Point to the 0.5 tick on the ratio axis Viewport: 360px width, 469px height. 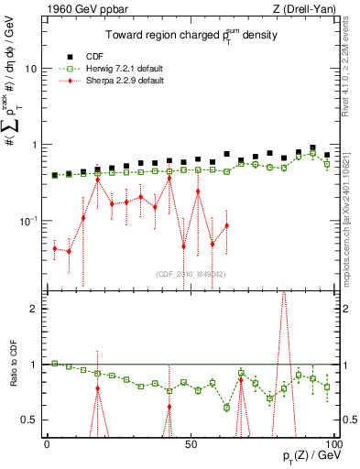coord(30,420)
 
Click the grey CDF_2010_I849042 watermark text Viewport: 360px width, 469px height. coord(191,273)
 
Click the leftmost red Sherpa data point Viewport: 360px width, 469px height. coord(55,248)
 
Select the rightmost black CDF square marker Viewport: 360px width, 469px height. coord(327,155)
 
